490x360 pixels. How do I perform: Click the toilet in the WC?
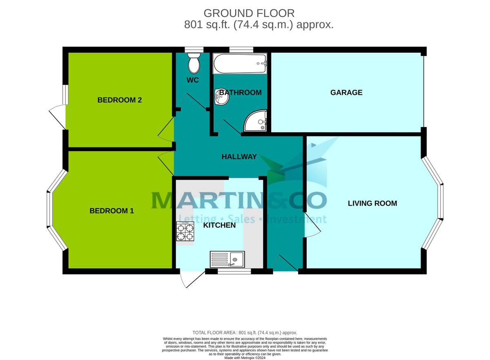click(194, 63)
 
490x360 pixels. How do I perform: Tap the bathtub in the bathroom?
click(240, 64)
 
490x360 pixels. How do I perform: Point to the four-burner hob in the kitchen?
click(185, 231)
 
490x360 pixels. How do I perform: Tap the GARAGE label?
click(346, 93)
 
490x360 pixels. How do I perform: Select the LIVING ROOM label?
click(372, 203)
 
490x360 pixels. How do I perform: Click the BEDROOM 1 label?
click(111, 211)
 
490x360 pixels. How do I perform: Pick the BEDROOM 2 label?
click(119, 100)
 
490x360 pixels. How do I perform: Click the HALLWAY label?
click(239, 157)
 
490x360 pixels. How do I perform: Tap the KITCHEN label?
click(219, 225)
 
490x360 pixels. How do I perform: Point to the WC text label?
click(193, 80)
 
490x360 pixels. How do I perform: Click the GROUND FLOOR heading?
click(249, 13)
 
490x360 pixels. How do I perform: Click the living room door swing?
click(312, 224)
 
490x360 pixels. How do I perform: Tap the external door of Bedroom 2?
click(57, 116)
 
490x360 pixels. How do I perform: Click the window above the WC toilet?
click(194, 50)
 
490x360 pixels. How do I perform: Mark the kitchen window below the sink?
click(234, 271)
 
